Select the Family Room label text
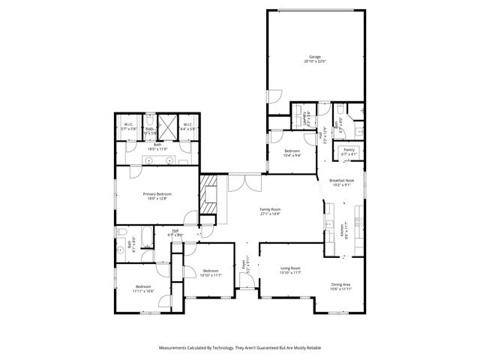point(270,209)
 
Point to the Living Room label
point(290,268)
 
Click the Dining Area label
point(341,284)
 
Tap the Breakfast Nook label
point(341,181)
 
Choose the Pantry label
point(349,149)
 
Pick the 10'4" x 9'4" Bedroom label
point(292,152)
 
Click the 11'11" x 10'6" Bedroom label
point(145,287)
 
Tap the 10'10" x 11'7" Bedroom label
point(211,271)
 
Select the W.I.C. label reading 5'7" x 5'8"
point(129,124)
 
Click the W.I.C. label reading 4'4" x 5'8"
point(187,124)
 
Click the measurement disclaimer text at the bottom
point(240,348)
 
